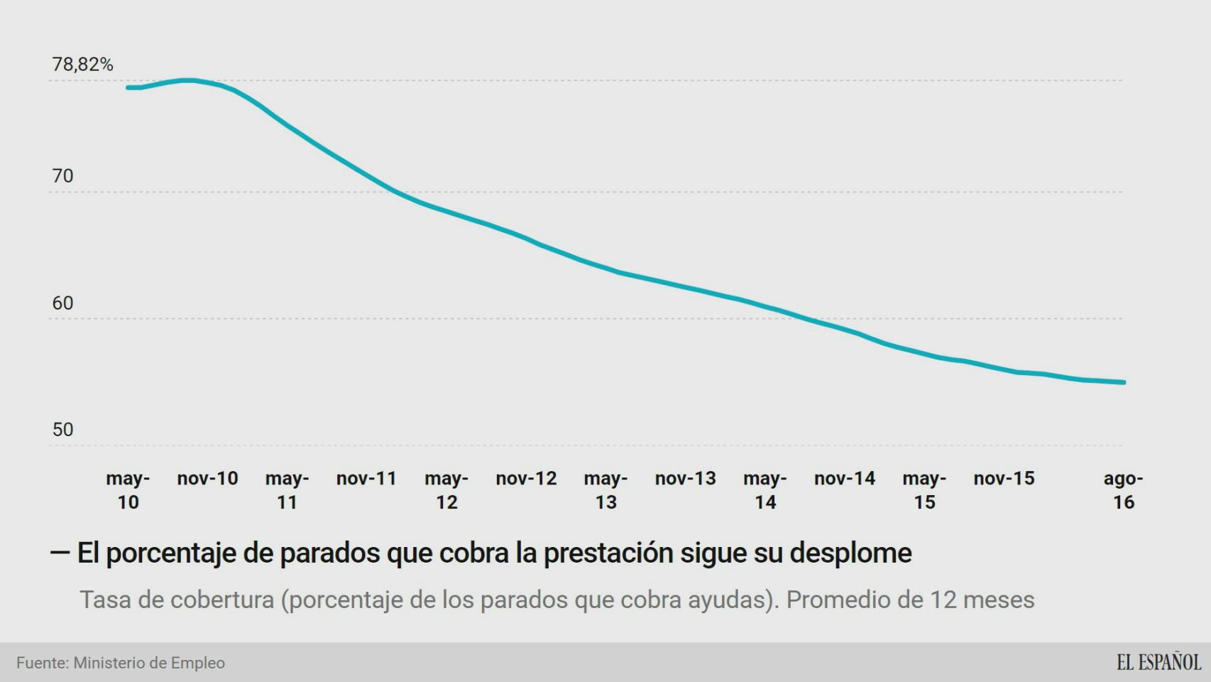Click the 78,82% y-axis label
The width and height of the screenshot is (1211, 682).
82,65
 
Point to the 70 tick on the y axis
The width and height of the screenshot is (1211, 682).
62,176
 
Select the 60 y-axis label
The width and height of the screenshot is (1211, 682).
62,303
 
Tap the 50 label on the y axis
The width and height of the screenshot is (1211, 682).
62,430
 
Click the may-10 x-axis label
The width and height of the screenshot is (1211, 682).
128,490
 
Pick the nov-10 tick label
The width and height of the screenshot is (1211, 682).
207,479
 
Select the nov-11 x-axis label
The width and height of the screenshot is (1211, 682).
366,479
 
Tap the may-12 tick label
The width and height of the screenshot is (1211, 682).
446,490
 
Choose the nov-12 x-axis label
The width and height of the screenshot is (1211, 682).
526,479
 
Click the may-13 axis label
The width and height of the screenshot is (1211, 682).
605,490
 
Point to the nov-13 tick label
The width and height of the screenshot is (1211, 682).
685,479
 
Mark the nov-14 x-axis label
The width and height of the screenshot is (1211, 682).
845,479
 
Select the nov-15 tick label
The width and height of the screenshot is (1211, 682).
1004,479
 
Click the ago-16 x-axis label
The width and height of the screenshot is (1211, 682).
1123,490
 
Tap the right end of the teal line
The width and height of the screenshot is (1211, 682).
1124,382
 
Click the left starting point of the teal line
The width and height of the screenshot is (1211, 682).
128,87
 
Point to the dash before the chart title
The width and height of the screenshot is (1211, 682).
60,553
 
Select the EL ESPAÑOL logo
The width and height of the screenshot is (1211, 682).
1158,662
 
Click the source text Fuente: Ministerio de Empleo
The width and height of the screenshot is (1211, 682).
121,663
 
